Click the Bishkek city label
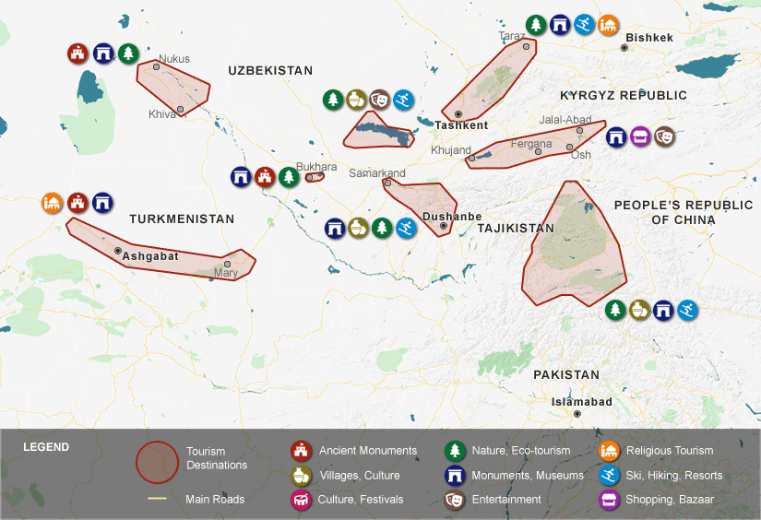tap(649, 38)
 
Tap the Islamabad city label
tap(581, 402)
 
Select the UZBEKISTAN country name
tap(270, 70)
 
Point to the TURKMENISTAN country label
tap(182, 219)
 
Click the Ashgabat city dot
tap(118, 250)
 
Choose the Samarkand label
tap(377, 173)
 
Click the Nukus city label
tap(173, 59)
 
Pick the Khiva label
tap(161, 114)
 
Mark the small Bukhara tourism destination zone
tap(315, 177)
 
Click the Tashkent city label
tap(461, 125)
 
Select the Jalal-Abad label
tap(565, 120)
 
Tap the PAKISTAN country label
tap(566, 374)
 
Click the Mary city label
tap(225, 273)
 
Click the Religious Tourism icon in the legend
tap(609, 451)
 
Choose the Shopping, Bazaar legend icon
tap(609, 500)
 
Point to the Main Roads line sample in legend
tap(158, 500)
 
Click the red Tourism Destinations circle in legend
tap(157, 462)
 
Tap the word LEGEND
tap(46, 447)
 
